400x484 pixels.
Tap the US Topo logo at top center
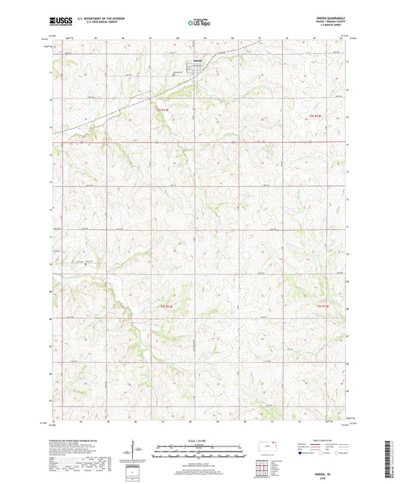(199, 23)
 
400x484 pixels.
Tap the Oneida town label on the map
(197, 61)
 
